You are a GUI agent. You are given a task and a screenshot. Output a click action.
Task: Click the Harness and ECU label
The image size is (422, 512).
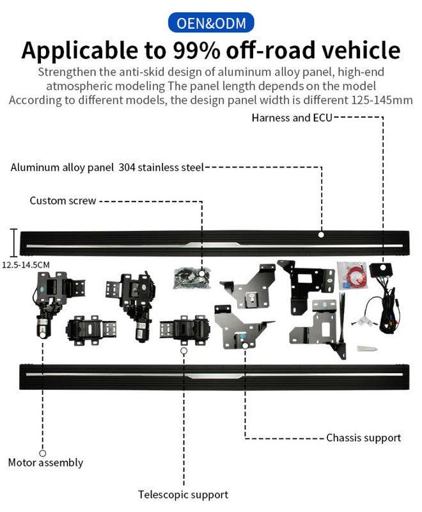292,118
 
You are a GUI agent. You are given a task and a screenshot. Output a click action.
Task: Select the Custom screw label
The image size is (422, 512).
63,201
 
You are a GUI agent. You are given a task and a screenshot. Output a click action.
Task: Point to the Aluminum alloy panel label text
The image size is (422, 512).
63,168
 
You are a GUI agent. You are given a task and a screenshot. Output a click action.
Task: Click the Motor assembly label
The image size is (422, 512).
45,462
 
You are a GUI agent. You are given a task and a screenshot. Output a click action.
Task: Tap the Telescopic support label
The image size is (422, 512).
183,494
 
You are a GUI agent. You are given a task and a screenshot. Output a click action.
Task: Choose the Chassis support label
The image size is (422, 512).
363,438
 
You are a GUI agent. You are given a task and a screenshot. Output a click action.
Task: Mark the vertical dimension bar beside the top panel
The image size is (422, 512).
13,242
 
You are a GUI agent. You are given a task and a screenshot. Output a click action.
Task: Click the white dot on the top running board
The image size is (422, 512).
321,235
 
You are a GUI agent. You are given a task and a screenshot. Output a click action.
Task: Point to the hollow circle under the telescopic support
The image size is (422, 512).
184,351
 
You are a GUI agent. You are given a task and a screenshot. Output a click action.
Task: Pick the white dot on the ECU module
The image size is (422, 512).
383,264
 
